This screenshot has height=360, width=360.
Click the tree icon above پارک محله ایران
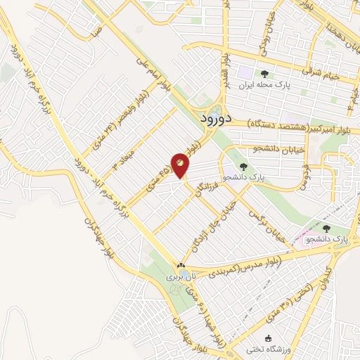pyautogui.click(x=264, y=74)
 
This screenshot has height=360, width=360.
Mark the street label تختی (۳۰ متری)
pyautogui.click(x=284, y=305)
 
